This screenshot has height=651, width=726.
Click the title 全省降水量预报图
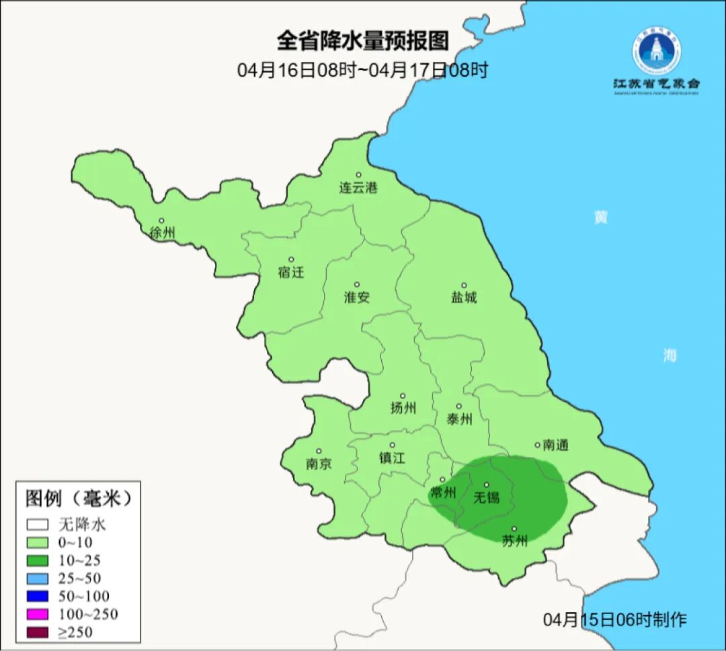pyautogui.click(x=362, y=41)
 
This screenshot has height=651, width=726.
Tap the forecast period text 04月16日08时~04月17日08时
pyautogui.click(x=362, y=70)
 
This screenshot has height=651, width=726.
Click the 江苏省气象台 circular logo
pyautogui.click(x=655, y=50)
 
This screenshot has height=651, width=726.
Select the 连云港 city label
pyautogui.click(x=358, y=188)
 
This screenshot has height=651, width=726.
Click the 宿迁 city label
pyautogui.click(x=291, y=272)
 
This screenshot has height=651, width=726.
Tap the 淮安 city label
pyautogui.click(x=357, y=297)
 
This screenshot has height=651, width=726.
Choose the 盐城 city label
pyautogui.click(x=463, y=297)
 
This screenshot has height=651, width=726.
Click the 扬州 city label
pyautogui.click(x=403, y=408)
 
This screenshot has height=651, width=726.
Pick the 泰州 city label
pyautogui.click(x=459, y=419)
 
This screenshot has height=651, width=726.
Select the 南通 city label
pyautogui.click(x=556, y=445)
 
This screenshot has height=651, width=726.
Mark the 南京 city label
pyautogui.click(x=319, y=464)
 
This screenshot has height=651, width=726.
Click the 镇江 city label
pyautogui.click(x=392, y=458)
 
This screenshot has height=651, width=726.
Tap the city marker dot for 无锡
pyautogui.click(x=487, y=484)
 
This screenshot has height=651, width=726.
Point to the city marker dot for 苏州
pyautogui.click(x=514, y=529)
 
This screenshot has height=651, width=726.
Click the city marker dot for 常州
pyautogui.click(x=442, y=480)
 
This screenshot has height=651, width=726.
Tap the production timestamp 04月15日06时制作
pyautogui.click(x=614, y=619)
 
